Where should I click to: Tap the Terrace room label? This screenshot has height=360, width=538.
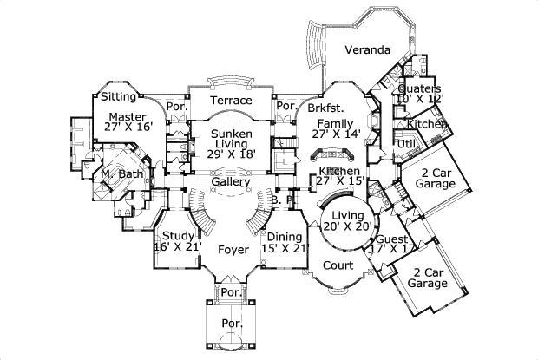[231, 101]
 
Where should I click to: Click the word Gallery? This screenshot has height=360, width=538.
[231, 182]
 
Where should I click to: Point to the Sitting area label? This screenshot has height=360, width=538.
[119, 96]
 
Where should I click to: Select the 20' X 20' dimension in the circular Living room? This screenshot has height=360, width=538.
[347, 226]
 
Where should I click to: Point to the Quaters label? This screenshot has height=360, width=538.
[419, 88]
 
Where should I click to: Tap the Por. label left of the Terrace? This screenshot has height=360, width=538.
[176, 107]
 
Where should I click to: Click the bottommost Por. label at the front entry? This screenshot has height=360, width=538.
[232, 324]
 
